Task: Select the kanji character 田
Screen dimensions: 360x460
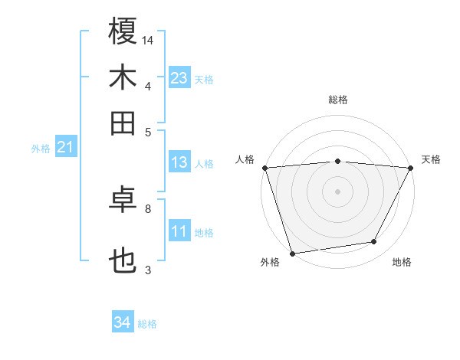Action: (x=123, y=123)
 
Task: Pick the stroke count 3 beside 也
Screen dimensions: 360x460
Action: (x=147, y=270)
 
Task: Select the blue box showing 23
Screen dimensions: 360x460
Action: (x=179, y=77)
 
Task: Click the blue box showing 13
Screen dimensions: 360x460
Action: (x=179, y=162)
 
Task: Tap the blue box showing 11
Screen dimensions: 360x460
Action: (x=179, y=231)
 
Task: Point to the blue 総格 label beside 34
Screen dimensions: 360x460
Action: (x=147, y=324)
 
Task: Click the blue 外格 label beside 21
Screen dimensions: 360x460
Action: (x=41, y=149)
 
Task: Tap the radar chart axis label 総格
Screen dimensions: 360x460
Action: (x=337, y=100)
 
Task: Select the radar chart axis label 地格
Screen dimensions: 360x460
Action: (x=402, y=262)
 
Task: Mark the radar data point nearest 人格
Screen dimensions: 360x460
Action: (x=264, y=167)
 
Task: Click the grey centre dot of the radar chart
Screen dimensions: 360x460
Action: (x=337, y=191)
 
